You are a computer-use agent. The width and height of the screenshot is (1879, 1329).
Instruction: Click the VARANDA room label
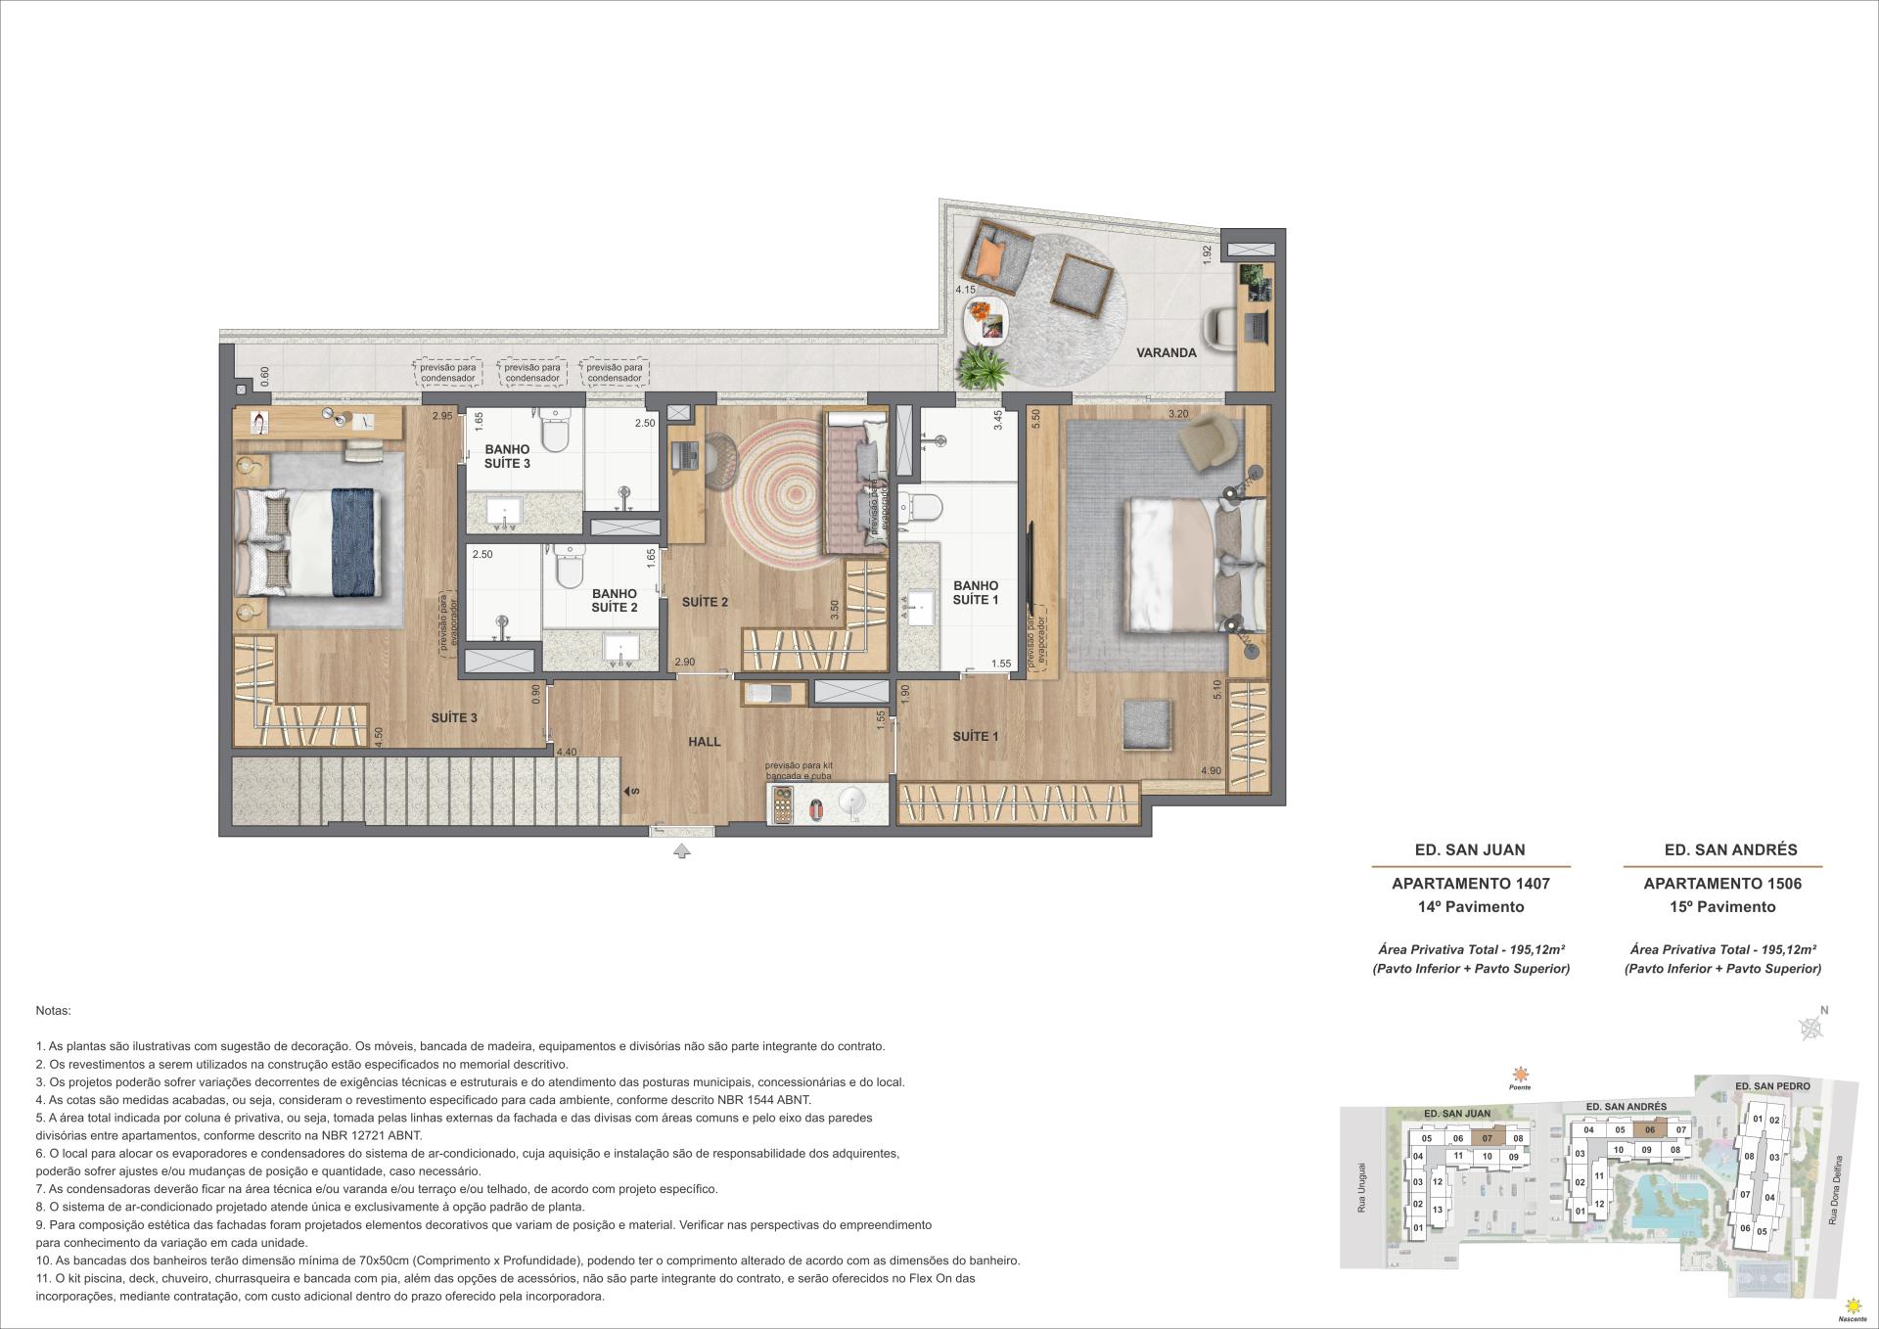click(1166, 353)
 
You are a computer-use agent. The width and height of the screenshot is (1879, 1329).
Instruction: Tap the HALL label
click(704, 742)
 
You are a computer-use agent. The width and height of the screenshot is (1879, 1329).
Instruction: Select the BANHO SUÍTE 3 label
click(506, 457)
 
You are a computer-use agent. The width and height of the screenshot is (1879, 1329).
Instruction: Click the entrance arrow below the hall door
click(682, 851)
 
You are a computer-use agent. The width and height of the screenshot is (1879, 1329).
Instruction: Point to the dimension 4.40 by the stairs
click(566, 753)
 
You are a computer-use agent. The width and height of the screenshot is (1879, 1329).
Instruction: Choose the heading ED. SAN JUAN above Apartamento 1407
click(1470, 849)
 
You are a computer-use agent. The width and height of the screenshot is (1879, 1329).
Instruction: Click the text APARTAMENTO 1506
click(1721, 883)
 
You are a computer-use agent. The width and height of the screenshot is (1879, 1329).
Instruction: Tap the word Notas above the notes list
click(53, 1010)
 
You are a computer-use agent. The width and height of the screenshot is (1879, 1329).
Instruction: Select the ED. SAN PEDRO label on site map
click(1771, 1086)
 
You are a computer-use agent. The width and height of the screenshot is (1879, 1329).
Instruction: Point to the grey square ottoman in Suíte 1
click(1148, 725)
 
